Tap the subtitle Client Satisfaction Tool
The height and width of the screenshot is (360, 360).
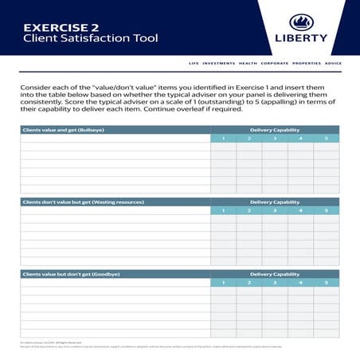pos(91,37)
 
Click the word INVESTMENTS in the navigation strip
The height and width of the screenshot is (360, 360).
pos(219,63)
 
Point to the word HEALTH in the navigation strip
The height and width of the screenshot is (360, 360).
pos(248,63)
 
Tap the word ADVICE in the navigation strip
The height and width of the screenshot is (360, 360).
pos(333,63)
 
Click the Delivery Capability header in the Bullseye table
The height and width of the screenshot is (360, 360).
pos(275,129)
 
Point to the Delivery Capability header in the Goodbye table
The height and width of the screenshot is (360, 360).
pos(275,273)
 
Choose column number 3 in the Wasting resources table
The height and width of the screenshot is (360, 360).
pos(275,210)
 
